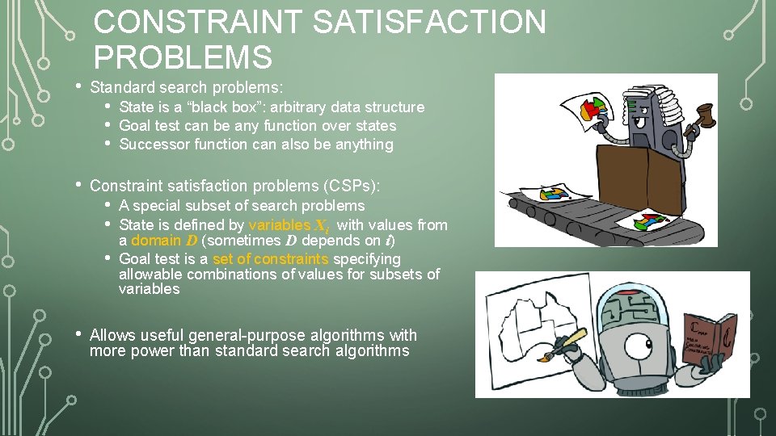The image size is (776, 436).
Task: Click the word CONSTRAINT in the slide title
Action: [x=197, y=22]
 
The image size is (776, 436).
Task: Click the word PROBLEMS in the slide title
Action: [x=183, y=57]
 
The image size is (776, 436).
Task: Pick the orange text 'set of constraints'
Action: [x=271, y=259]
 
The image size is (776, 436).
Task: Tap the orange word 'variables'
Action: [x=279, y=225]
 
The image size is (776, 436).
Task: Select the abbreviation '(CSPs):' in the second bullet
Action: [x=352, y=186]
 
